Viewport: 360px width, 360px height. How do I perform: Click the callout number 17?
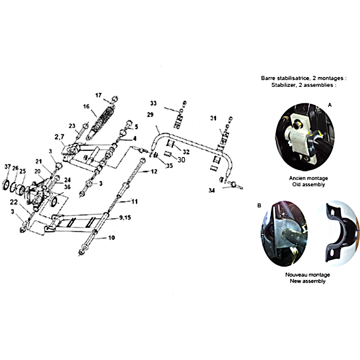[99, 95]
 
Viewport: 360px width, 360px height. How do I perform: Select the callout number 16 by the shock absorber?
[86, 107]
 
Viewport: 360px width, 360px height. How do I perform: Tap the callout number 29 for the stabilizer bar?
[150, 115]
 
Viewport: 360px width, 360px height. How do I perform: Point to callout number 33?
[153, 103]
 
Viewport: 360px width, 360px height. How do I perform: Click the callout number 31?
[213, 118]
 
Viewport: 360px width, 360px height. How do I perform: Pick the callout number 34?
[211, 190]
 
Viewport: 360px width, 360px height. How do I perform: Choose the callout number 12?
[154, 171]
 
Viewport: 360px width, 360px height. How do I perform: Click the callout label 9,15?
[125, 217]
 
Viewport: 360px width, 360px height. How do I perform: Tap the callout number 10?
[112, 238]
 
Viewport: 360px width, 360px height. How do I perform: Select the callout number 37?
[8, 166]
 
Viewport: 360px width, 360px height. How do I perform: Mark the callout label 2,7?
[59, 137]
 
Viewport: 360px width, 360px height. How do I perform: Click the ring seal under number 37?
[6, 185]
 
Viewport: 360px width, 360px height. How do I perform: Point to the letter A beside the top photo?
[330, 105]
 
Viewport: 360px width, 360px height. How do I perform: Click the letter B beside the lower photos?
[259, 206]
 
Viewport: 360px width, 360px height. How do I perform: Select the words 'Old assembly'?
[309, 184]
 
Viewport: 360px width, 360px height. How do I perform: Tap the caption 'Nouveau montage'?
[308, 274]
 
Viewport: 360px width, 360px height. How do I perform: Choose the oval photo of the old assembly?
[305, 137]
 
